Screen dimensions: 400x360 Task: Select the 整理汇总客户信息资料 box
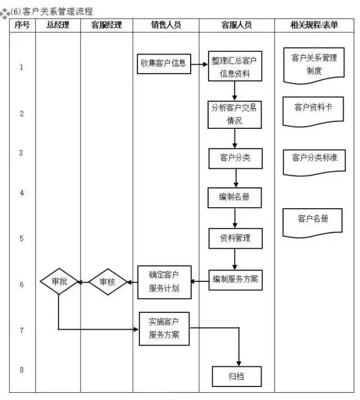(x=235, y=67)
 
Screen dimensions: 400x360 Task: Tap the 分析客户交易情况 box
(x=235, y=114)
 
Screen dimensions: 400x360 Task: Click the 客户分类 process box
(x=235, y=158)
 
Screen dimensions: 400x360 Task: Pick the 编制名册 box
(x=235, y=197)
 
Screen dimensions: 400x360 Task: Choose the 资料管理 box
(x=235, y=238)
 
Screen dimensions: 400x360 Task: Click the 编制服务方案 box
(x=235, y=279)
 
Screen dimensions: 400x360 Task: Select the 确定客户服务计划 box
(x=164, y=282)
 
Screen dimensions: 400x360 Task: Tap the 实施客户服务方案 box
(x=164, y=329)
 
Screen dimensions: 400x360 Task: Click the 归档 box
(x=236, y=376)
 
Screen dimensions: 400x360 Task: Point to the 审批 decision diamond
(x=59, y=281)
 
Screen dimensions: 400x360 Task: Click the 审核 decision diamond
(x=107, y=282)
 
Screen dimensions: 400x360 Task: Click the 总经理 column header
(x=58, y=25)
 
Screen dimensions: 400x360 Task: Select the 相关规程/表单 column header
(x=314, y=25)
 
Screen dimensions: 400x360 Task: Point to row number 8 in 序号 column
(x=21, y=370)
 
